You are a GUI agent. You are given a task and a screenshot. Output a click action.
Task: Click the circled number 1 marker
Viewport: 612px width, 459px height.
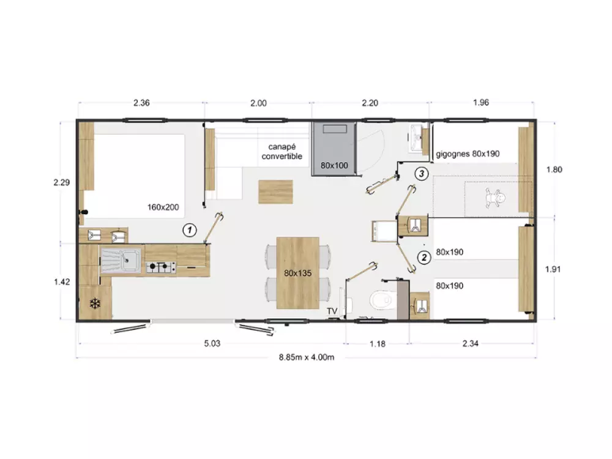click(190, 230)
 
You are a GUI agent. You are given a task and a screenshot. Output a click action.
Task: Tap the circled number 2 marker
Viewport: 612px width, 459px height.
click(424, 257)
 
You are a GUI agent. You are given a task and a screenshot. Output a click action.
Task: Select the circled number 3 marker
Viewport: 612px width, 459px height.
click(422, 173)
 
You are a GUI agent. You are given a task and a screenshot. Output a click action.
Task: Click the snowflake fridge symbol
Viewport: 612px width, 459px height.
click(95, 304)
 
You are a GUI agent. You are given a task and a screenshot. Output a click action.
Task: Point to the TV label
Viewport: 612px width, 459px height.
click(332, 311)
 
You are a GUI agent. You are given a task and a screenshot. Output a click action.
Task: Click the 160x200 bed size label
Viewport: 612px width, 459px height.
click(163, 207)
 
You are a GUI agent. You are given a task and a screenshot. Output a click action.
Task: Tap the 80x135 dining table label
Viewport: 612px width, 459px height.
click(298, 273)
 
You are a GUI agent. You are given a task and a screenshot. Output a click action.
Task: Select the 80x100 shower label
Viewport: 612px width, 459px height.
click(335, 165)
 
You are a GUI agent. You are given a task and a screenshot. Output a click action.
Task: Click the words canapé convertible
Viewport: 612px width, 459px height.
click(282, 151)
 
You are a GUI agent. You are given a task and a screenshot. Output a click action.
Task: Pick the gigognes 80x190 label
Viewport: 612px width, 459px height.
click(468, 154)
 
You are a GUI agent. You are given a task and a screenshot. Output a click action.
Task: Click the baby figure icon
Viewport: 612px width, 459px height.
click(494, 198)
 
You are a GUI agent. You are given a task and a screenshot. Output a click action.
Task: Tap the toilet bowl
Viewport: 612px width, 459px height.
click(381, 300)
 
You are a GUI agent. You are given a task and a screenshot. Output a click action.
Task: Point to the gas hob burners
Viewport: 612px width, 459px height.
click(161, 267)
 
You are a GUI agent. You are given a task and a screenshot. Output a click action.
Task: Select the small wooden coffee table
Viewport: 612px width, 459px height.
click(275, 192)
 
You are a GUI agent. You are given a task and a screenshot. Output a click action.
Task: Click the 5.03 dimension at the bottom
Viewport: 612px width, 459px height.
click(212, 343)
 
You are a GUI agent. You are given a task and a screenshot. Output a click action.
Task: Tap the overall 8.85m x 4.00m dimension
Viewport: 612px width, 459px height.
click(307, 357)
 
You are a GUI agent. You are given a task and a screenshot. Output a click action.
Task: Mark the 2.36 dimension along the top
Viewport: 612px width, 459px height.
click(141, 103)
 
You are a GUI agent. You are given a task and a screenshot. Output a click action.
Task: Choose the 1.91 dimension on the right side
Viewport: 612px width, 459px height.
click(553, 269)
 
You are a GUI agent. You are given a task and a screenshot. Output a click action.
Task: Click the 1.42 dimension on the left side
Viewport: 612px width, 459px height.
click(62, 282)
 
